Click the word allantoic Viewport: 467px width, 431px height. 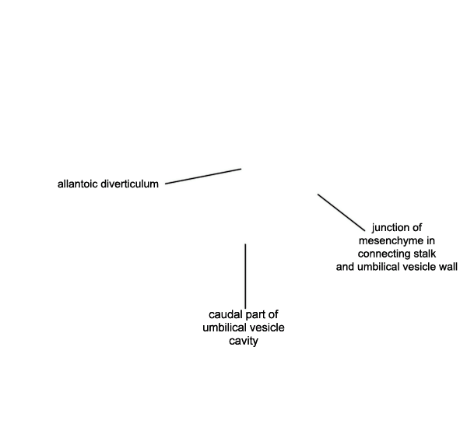[78, 184]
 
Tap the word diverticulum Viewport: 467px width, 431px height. [129, 184]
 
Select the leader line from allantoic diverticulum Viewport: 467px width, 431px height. [203, 176]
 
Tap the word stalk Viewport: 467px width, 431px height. [425, 254]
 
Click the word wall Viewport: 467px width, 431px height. [449, 267]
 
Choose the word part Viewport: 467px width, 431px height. [255, 314]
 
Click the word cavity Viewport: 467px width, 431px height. [244, 341]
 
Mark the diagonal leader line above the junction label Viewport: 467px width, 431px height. [341, 212]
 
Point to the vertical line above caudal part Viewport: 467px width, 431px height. [245, 276]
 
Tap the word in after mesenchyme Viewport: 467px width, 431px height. [431, 240]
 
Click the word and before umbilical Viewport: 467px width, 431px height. [345, 267]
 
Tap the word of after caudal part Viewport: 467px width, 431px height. [273, 314]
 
